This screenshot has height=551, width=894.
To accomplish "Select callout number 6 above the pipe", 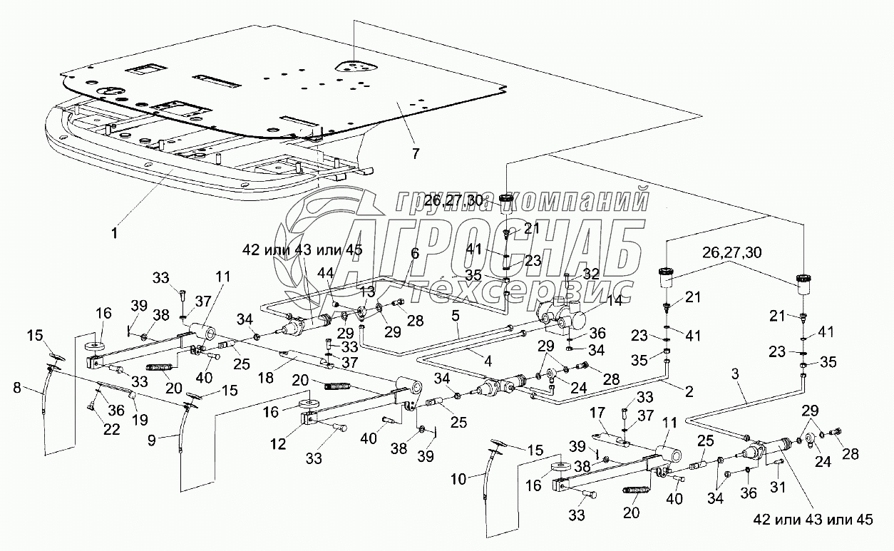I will click(414, 252).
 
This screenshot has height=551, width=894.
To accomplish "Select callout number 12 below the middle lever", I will click(278, 444).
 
